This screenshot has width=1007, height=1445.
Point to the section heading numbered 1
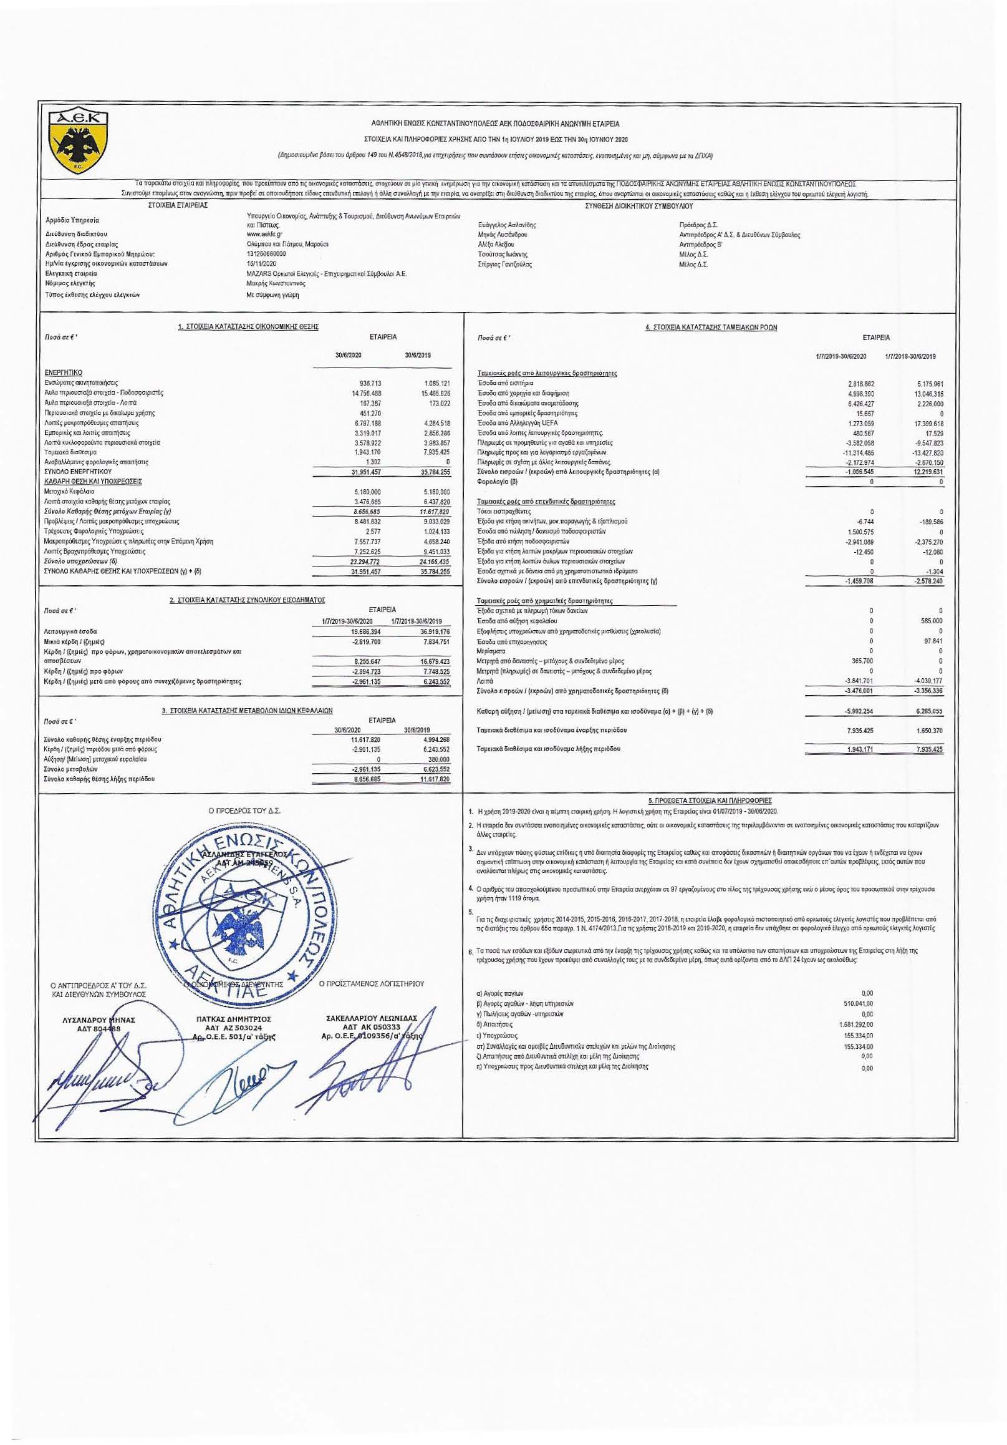pyautogui.click(x=248, y=327)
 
